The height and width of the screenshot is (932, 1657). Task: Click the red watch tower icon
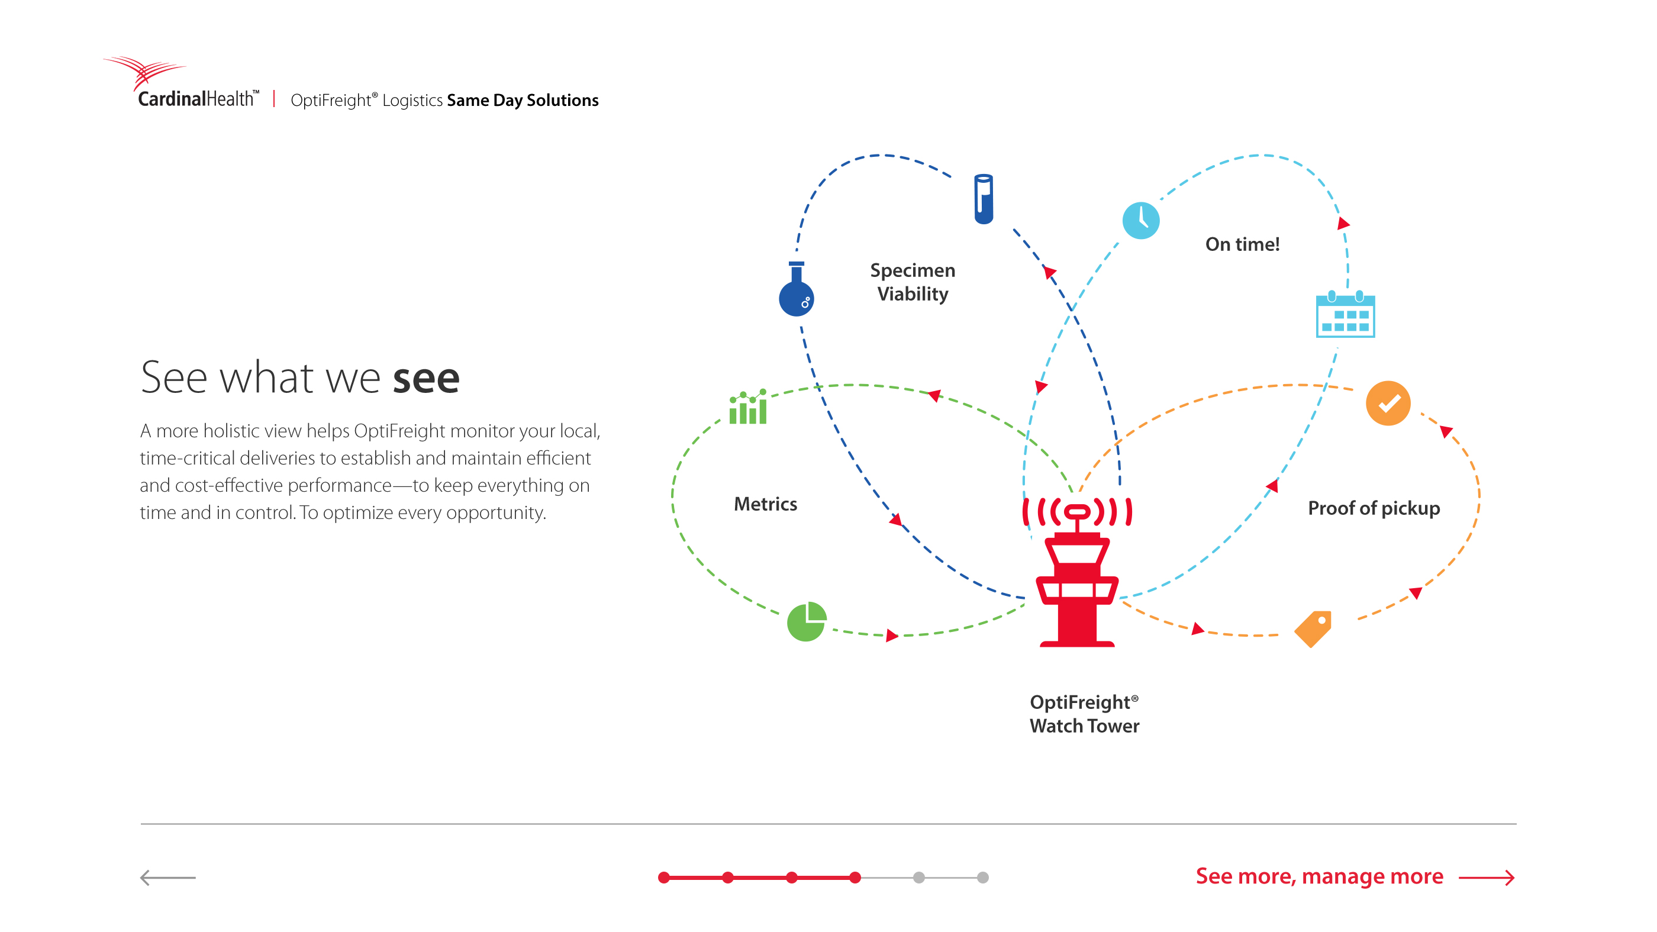(x=1077, y=572)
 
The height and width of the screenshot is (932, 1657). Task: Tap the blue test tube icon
(x=984, y=199)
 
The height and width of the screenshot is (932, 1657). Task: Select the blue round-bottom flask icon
(x=797, y=289)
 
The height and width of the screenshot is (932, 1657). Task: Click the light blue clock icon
(x=1140, y=221)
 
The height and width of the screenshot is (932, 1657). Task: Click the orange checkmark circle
(x=1388, y=404)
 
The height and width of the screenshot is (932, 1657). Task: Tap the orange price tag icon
(x=1313, y=628)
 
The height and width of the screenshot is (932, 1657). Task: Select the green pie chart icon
(x=807, y=621)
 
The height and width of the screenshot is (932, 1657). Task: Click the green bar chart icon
(x=747, y=406)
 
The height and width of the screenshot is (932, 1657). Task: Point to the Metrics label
(x=765, y=504)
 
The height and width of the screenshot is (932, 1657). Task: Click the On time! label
(x=1242, y=244)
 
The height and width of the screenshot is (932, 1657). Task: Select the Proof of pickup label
(x=1374, y=508)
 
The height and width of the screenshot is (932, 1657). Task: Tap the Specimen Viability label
(x=913, y=282)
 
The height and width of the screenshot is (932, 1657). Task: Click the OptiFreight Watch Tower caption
(x=1085, y=714)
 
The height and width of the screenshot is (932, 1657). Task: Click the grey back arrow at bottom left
(x=168, y=878)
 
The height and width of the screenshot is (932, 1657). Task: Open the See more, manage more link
(x=1355, y=877)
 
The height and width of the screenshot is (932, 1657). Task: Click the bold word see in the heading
(x=426, y=378)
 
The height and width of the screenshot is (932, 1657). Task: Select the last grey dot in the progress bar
(x=982, y=878)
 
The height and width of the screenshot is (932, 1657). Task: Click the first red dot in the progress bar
(x=664, y=878)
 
